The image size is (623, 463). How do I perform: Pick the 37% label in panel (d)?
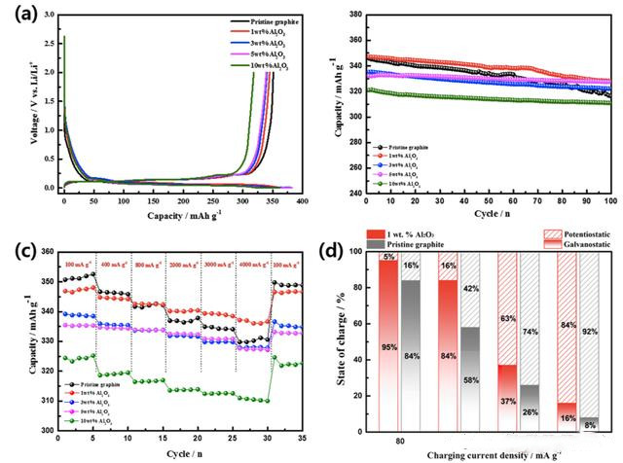pyautogui.click(x=507, y=400)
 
